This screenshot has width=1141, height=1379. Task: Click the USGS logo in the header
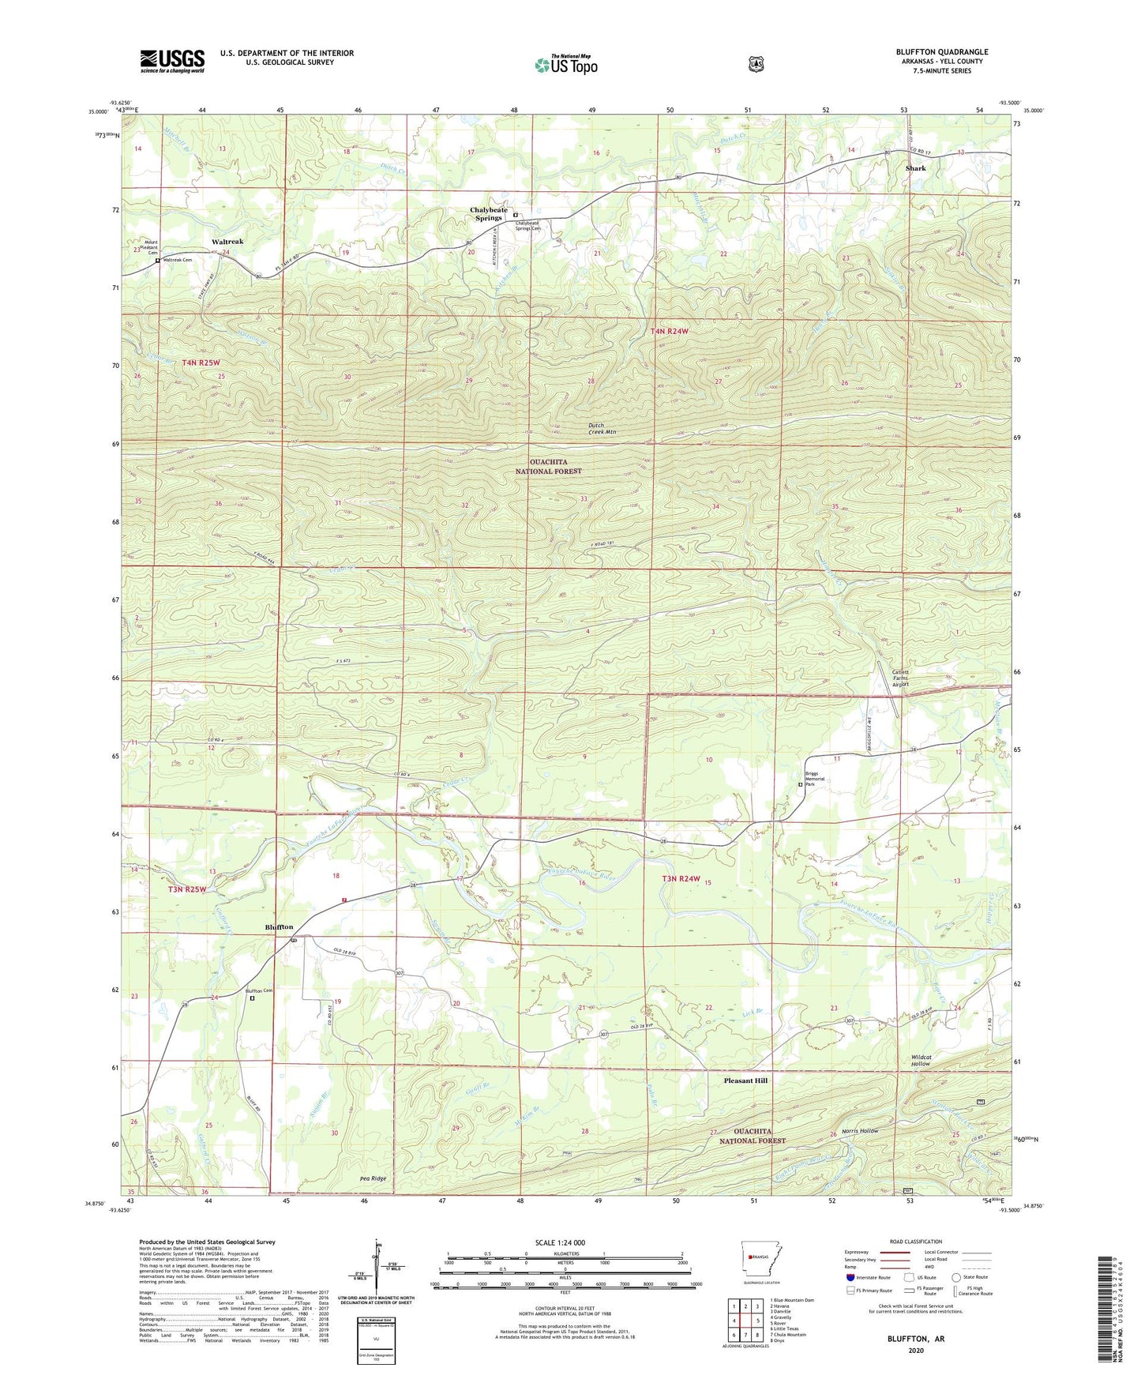click(x=172, y=61)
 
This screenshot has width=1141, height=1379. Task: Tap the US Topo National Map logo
click(x=565, y=65)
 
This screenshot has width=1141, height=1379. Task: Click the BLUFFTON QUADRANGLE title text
click(x=941, y=52)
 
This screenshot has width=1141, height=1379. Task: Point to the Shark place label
click(x=915, y=168)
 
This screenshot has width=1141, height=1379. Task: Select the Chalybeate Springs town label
click(x=489, y=214)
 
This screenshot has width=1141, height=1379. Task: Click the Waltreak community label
click(x=227, y=242)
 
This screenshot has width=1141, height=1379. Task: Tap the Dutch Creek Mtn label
click(x=602, y=430)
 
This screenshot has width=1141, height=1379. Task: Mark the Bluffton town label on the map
click(x=279, y=927)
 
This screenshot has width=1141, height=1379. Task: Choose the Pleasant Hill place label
click(x=745, y=1080)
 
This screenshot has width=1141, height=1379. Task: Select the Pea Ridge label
click(x=373, y=1178)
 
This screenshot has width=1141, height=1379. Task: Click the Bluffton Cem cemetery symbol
click(x=253, y=998)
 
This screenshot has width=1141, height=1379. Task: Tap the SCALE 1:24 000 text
click(x=560, y=1242)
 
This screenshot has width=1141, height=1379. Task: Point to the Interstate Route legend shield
click(x=850, y=1277)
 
